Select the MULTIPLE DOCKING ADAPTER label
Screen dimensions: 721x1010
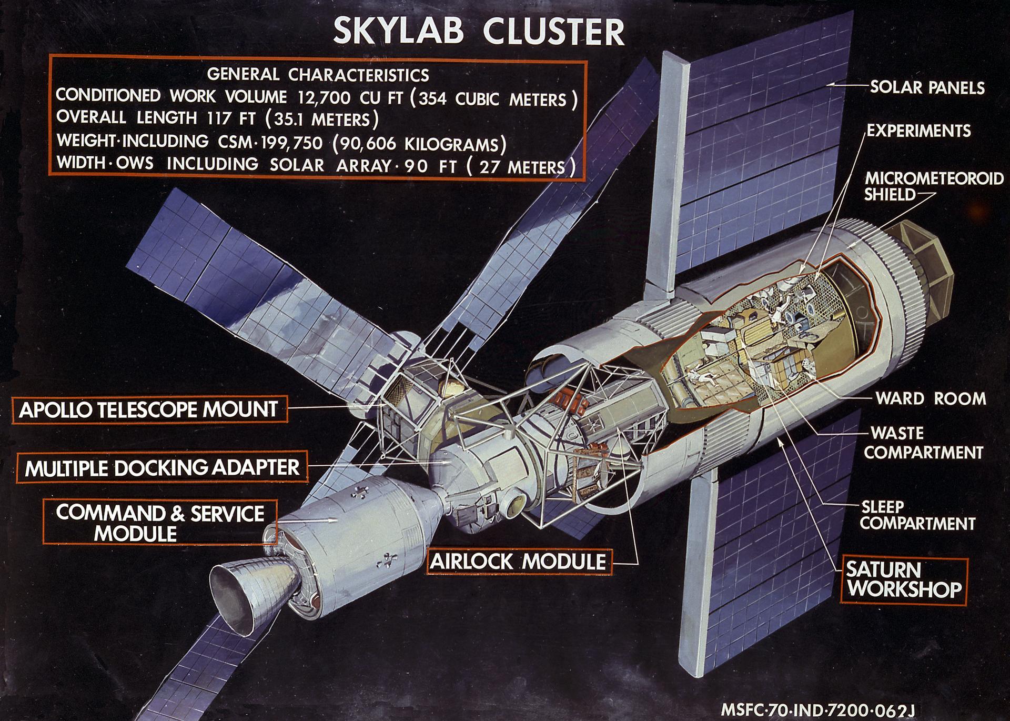tap(161, 467)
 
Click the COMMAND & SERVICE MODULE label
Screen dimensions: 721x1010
tap(160, 523)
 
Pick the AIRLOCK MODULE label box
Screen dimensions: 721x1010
tap(518, 562)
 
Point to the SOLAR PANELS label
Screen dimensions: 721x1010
tap(927, 87)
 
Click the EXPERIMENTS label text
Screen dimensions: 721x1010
tap(918, 131)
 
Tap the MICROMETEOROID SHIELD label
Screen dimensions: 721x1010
tap(933, 186)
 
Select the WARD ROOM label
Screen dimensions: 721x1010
tap(931, 398)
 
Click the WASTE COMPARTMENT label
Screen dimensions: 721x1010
tap(923, 443)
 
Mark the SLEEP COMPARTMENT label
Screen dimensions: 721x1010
tap(918, 515)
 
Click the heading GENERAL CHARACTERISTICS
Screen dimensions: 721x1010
tap(318, 75)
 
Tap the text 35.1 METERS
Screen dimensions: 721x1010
tap(323, 119)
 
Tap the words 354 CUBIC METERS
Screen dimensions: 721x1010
tap(494, 98)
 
